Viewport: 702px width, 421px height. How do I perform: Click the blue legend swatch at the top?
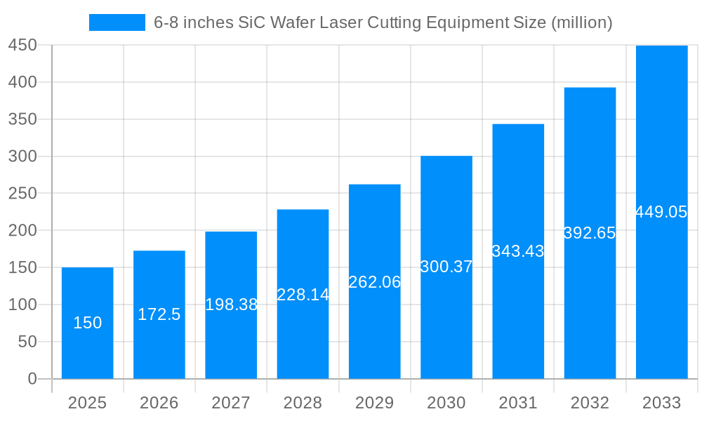[117, 22]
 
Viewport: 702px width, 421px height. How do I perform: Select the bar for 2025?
[88, 323]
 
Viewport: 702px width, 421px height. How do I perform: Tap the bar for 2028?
[303, 294]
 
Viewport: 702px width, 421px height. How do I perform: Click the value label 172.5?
[159, 314]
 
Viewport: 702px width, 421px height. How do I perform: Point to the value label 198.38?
[231, 305]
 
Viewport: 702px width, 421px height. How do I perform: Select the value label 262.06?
[375, 282]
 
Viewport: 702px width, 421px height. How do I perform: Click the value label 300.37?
[446, 267]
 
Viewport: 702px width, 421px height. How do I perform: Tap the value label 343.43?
[518, 251]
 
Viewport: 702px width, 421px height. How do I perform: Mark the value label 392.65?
[590, 233]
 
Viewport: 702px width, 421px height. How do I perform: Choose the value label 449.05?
[661, 212]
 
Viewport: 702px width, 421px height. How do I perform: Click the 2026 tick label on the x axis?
[159, 403]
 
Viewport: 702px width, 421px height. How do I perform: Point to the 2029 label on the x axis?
[375, 403]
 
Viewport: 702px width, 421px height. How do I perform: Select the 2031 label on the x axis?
[518, 403]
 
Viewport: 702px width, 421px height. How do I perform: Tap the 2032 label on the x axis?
[590, 403]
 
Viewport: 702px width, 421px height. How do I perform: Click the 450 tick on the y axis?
[22, 45]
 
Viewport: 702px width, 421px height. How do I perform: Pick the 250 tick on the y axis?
[22, 194]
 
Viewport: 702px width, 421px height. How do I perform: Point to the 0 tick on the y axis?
[32, 379]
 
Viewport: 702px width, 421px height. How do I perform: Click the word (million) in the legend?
[582, 22]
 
